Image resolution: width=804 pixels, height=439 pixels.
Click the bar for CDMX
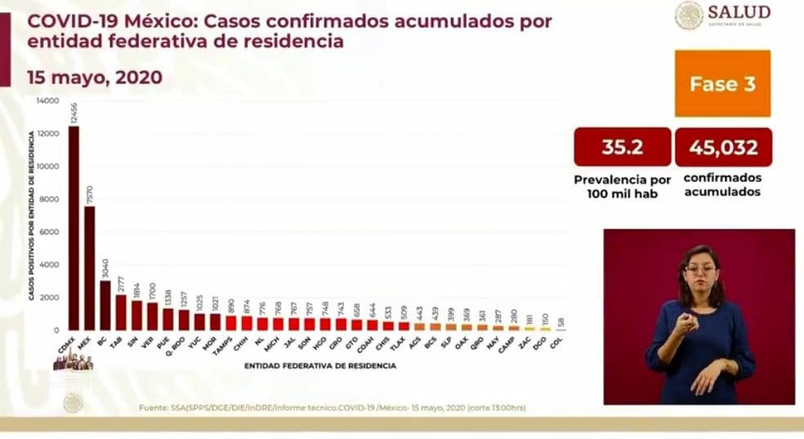click(x=74, y=228)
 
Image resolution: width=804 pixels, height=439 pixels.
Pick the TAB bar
click(x=120, y=313)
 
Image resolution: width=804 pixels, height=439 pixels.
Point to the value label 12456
click(x=74, y=113)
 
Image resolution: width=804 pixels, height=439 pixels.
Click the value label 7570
click(x=89, y=194)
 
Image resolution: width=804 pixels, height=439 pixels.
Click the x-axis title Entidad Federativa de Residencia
click(x=320, y=366)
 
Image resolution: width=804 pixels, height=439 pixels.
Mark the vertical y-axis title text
click(x=31, y=216)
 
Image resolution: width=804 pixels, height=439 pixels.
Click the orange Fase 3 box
click(x=722, y=83)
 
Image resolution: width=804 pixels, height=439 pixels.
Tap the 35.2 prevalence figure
click(x=623, y=148)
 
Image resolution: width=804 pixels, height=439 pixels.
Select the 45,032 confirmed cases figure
click(x=722, y=148)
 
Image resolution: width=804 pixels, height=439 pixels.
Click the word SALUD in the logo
click(x=739, y=12)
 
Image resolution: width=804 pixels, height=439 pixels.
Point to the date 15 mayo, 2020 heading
click(x=94, y=78)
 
